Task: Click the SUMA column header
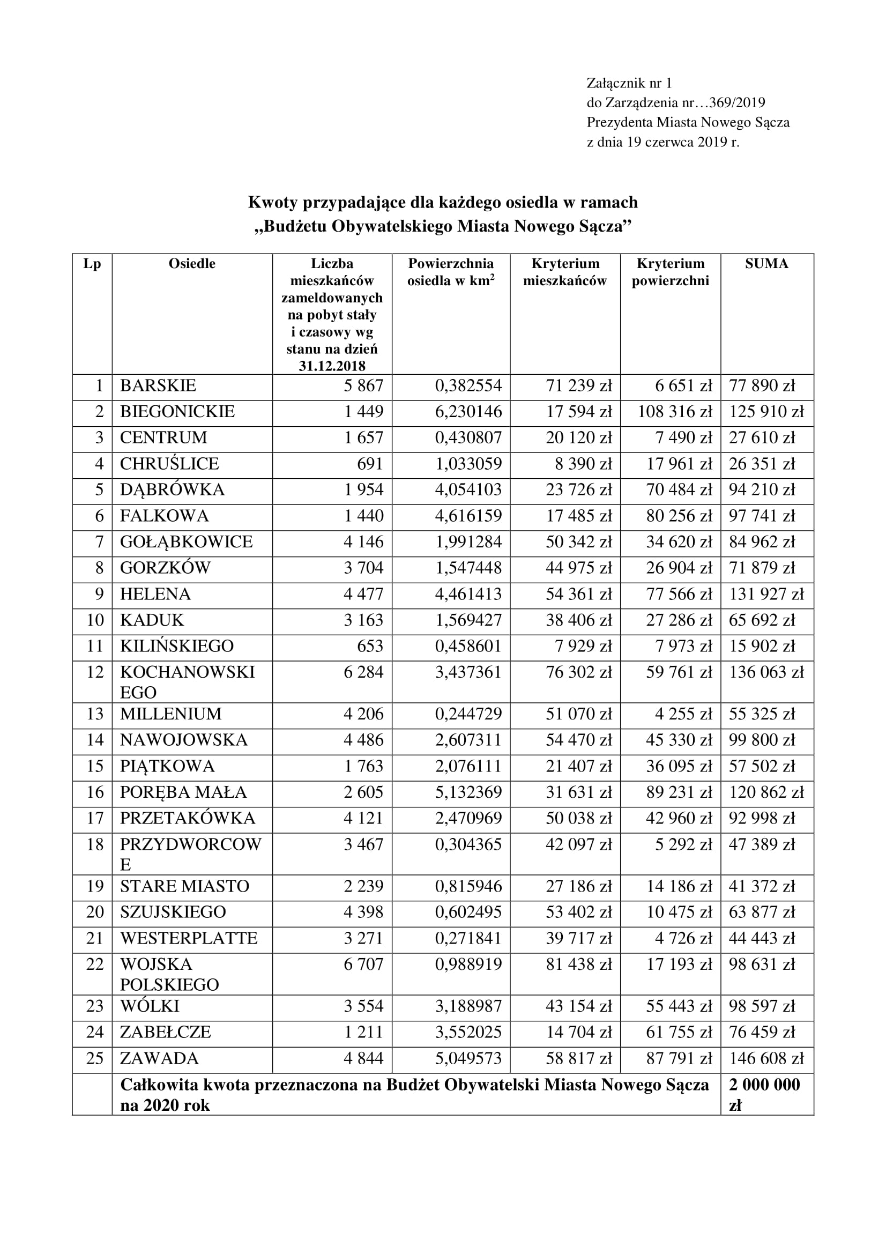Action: point(766,264)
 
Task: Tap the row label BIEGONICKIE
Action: point(177,411)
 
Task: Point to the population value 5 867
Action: point(363,385)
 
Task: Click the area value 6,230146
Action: point(468,411)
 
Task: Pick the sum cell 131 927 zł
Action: point(766,593)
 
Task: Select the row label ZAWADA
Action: point(159,1058)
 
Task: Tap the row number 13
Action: point(95,714)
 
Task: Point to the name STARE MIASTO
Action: point(184,886)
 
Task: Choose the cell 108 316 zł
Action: point(675,411)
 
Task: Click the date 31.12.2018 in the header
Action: point(332,366)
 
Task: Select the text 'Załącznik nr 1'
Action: point(629,83)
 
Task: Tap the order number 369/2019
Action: point(741,103)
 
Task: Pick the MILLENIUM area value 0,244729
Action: point(468,714)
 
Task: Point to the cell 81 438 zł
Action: point(579,964)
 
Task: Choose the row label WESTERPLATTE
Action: point(188,938)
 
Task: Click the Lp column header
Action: point(92,264)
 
